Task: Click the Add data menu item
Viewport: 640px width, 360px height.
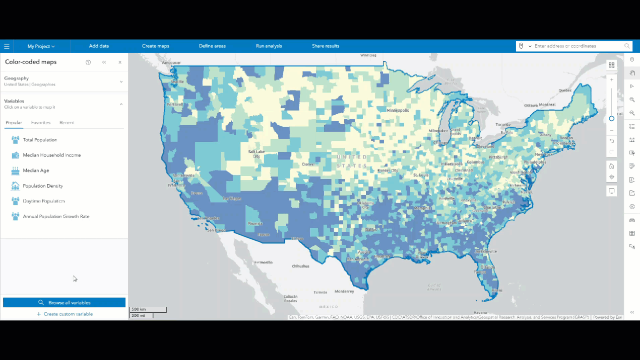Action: [98, 46]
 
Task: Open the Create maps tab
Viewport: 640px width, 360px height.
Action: [155, 46]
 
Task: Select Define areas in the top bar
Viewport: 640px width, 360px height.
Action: [212, 46]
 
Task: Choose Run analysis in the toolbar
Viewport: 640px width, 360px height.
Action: [268, 46]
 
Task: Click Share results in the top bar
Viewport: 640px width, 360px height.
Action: [325, 46]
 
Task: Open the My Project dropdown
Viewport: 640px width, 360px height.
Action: [41, 46]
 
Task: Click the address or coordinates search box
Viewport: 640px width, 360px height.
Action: [577, 46]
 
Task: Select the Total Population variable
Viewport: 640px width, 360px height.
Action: [40, 140]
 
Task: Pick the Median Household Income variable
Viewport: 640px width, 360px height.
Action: [51, 155]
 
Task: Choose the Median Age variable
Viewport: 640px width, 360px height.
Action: [36, 170]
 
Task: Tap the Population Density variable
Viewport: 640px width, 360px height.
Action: [43, 186]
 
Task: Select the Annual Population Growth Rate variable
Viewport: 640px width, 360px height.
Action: [56, 216]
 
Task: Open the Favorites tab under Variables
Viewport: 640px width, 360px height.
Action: [40, 122]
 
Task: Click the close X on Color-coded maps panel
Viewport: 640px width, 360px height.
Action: [120, 62]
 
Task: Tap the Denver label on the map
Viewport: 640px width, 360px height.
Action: [308, 164]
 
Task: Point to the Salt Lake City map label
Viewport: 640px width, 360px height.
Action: [256, 153]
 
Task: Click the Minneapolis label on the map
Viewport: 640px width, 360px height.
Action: [397, 110]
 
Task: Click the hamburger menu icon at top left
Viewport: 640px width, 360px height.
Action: [6, 46]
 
